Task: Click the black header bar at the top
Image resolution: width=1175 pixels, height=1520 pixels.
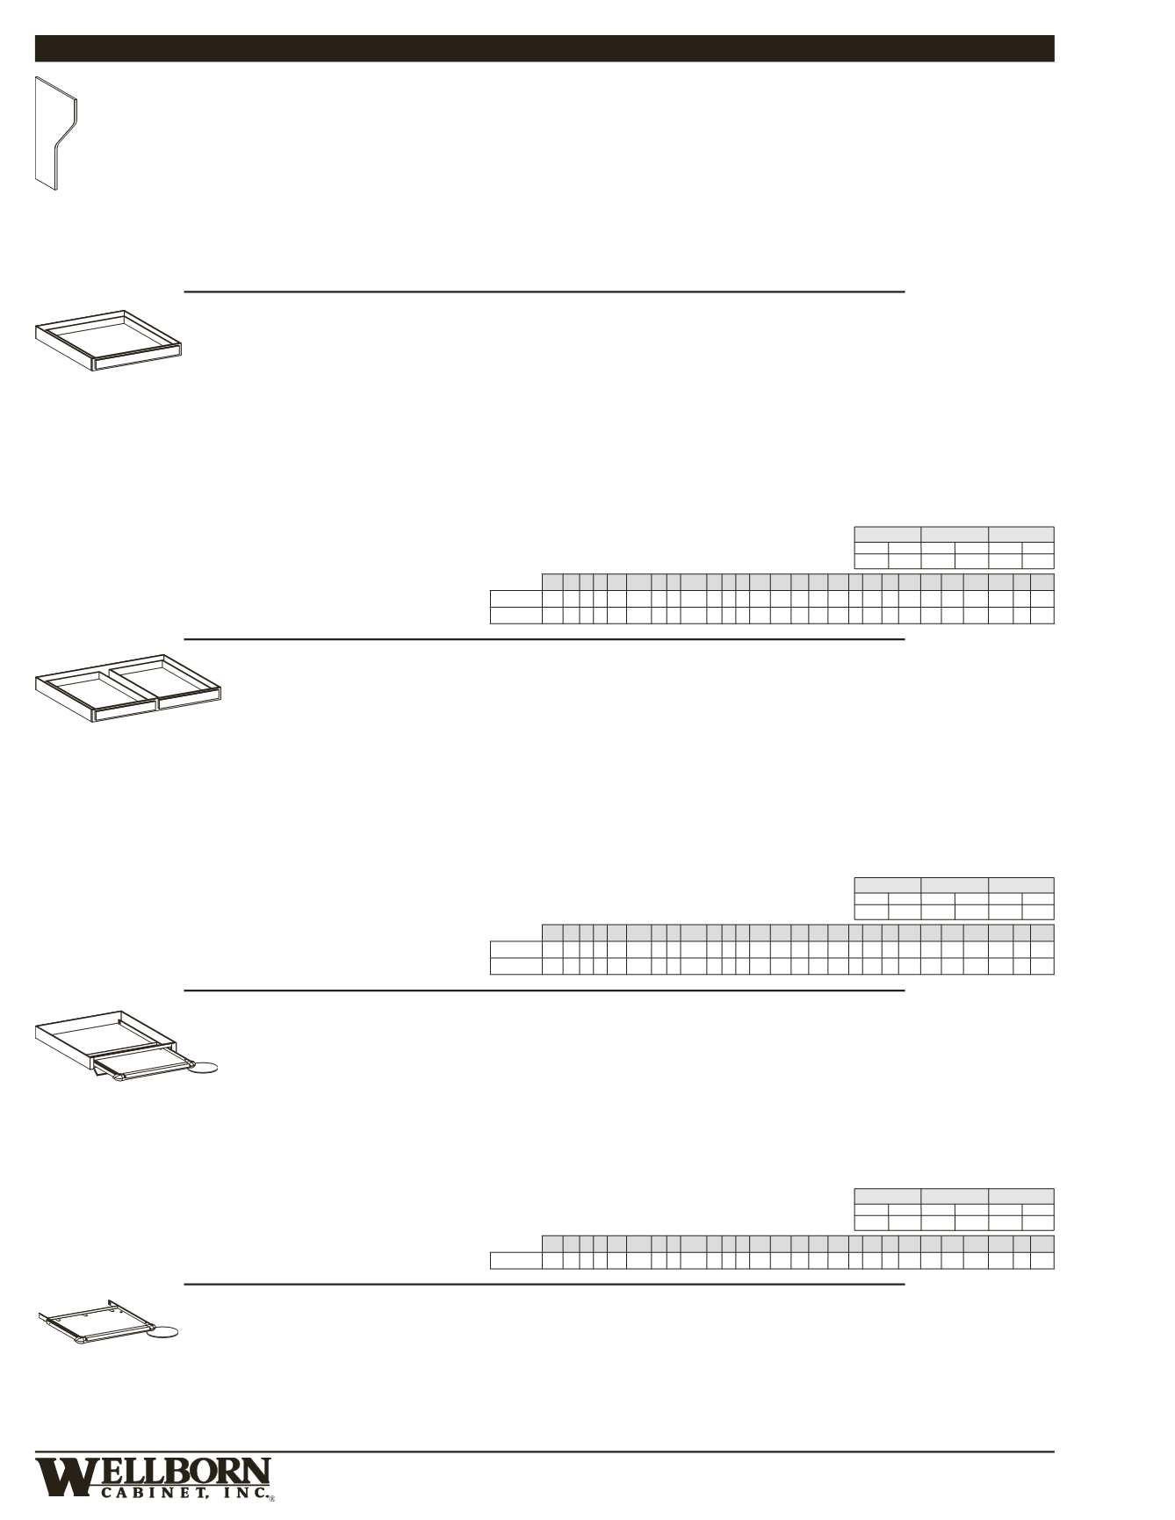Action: (x=544, y=48)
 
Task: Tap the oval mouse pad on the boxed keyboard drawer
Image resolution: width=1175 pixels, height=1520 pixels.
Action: (x=205, y=1068)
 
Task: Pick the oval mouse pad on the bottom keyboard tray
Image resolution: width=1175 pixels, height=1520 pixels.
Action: (x=162, y=1333)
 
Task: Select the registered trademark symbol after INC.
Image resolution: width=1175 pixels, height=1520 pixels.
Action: (x=271, y=1499)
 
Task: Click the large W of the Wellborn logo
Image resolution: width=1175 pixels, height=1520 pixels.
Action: (x=61, y=1477)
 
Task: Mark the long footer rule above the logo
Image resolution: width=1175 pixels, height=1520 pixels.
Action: (x=544, y=1452)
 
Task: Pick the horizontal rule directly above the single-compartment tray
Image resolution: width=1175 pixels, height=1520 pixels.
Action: (x=544, y=291)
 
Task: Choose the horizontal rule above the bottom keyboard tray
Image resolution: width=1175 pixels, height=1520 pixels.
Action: (x=544, y=1284)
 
